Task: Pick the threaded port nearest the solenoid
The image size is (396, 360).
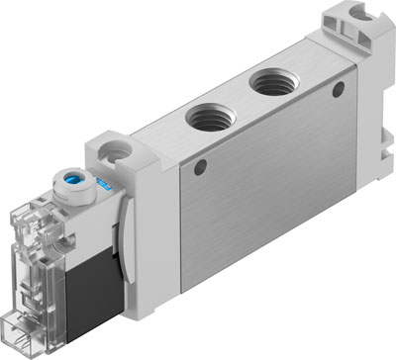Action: pos(212,119)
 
